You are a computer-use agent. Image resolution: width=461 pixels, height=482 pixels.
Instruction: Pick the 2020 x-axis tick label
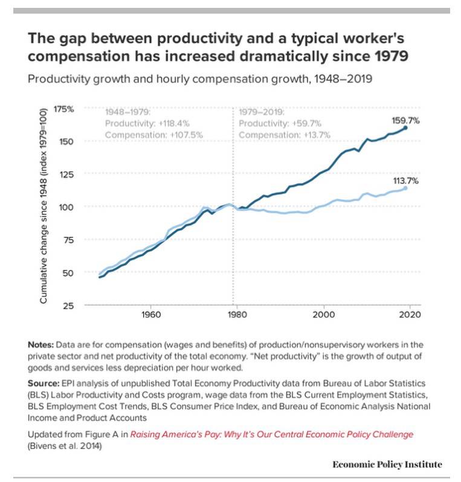click(410, 315)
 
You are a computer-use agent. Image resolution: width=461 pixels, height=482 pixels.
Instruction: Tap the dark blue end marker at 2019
click(405, 128)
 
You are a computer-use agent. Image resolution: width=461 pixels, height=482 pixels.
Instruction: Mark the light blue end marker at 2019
click(405, 188)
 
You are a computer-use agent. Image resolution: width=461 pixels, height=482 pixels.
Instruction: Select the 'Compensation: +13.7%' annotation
click(285, 135)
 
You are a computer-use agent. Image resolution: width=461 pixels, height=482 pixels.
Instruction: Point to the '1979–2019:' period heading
click(261, 112)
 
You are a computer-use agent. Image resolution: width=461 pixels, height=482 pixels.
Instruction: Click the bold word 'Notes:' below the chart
click(42, 344)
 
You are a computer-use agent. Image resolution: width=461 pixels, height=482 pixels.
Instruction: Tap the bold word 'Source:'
click(44, 384)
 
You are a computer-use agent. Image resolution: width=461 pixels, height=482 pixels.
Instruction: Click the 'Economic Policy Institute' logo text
click(387, 464)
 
